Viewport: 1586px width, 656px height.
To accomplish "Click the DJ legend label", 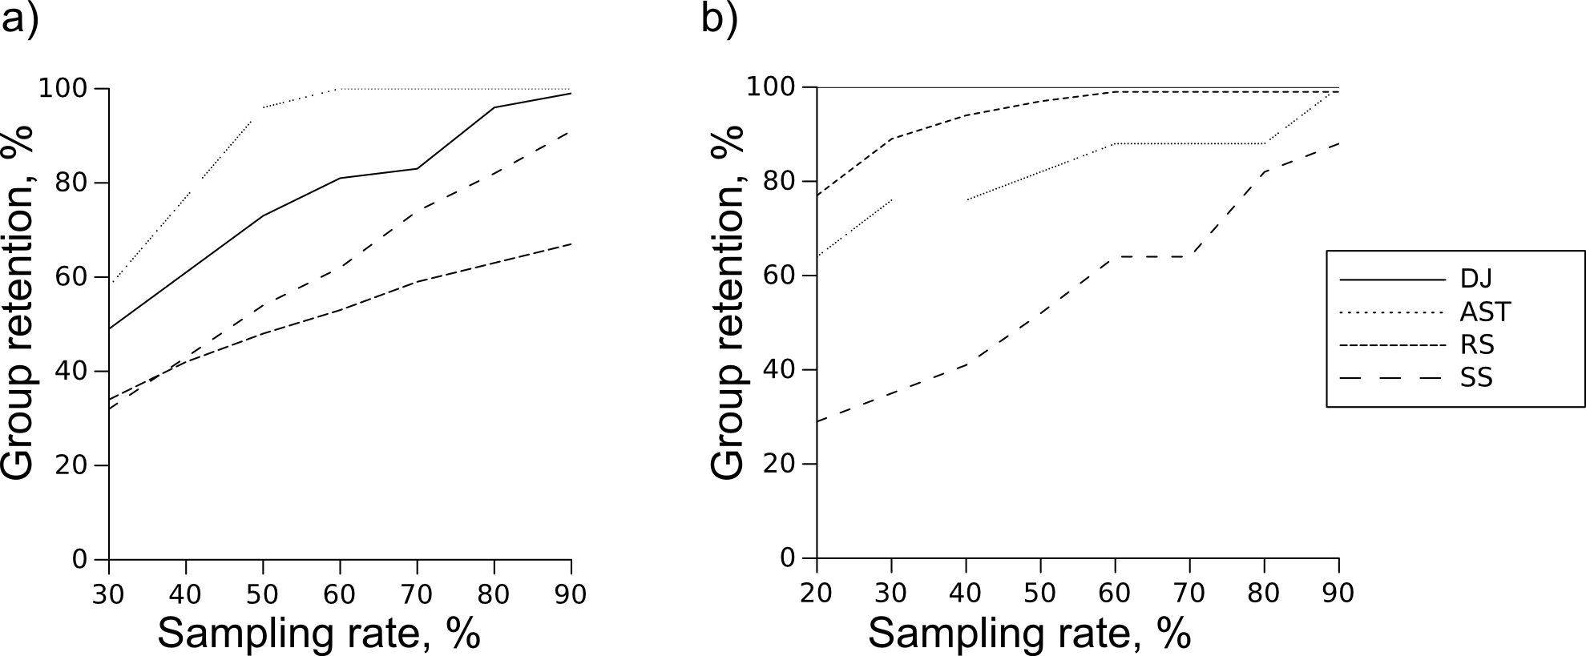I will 1475,279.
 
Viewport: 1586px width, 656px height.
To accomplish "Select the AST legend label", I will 1485,312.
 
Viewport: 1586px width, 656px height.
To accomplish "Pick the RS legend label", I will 1477,344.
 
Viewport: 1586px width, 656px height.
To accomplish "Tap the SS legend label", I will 1476,377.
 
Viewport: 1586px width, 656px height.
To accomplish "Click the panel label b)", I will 720,19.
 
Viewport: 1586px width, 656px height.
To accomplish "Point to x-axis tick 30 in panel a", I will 108,594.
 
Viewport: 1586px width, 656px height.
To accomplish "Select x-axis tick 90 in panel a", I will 571,594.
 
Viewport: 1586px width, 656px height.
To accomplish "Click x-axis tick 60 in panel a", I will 340,594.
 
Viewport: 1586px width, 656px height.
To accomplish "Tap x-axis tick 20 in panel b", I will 816,593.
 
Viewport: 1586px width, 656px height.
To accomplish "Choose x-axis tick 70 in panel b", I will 1189,593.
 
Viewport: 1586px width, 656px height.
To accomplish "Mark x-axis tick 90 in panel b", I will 1338,593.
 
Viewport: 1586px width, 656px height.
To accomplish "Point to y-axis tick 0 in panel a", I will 79,559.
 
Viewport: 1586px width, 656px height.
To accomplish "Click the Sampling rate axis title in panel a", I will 318,634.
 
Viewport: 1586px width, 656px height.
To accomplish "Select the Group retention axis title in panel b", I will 728,303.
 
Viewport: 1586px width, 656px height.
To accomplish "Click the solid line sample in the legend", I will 1390,280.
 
